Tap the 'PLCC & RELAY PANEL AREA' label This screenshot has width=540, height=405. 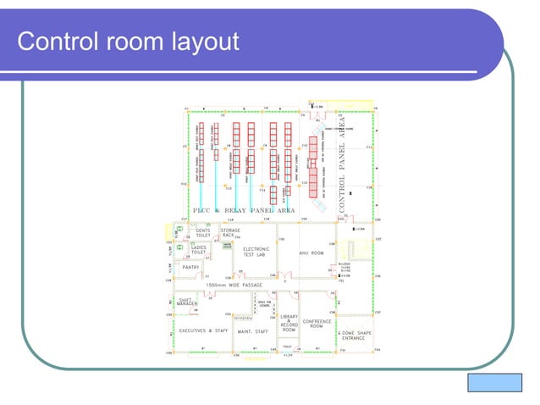click(x=244, y=210)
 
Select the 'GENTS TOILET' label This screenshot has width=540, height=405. click(x=203, y=231)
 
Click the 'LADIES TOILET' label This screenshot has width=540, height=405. click(x=199, y=250)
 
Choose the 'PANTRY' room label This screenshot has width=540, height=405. click(x=191, y=267)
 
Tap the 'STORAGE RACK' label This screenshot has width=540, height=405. click(x=229, y=231)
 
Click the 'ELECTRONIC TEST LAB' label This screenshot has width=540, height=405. click(x=256, y=252)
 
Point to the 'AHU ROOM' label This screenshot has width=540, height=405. click(x=312, y=252)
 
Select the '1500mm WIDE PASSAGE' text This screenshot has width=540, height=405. click(x=234, y=285)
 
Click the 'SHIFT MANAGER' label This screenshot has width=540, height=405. click(x=187, y=302)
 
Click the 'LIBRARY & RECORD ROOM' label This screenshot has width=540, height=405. click(x=289, y=322)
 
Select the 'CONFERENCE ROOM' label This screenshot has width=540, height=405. click(x=317, y=324)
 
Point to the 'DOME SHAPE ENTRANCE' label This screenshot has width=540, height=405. click(x=354, y=336)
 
